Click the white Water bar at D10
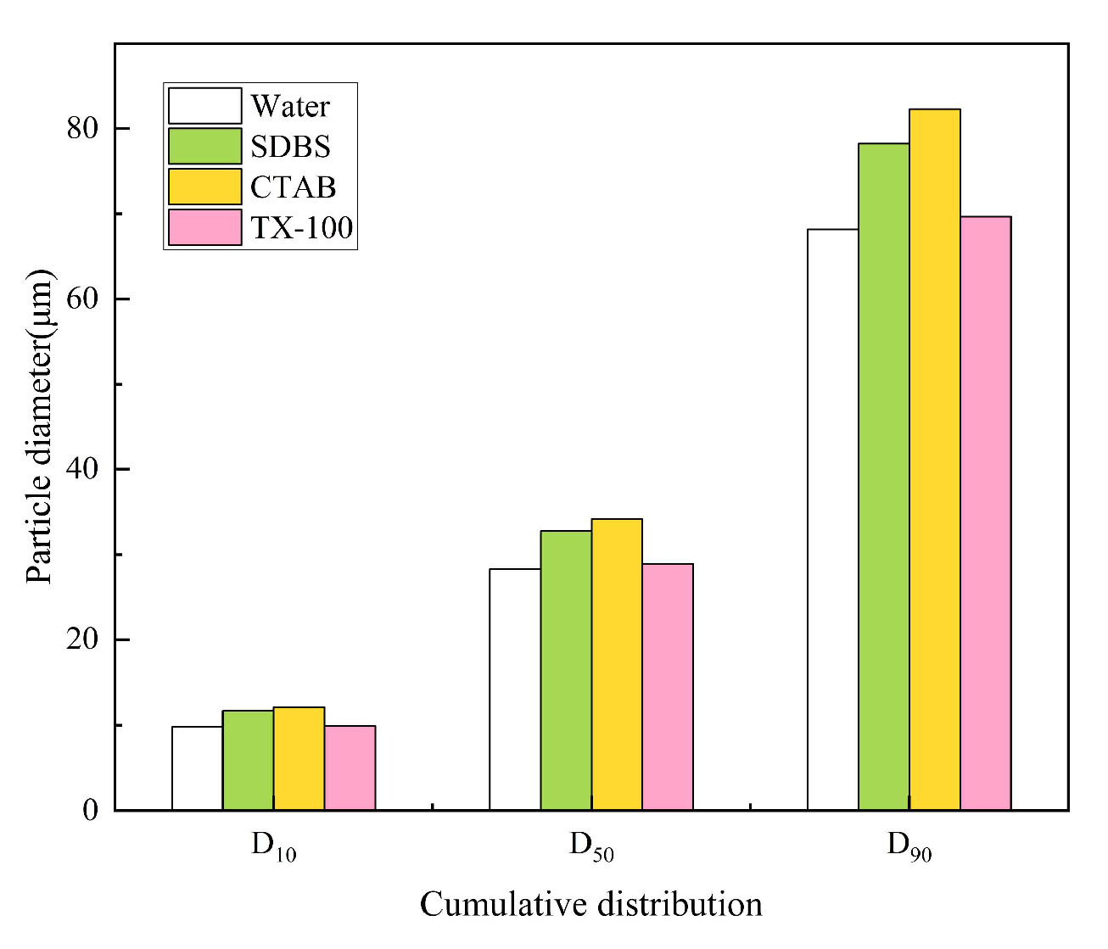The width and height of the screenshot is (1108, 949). (x=197, y=768)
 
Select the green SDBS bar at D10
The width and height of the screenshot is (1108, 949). (x=248, y=761)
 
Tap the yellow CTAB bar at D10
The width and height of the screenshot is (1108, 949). (x=299, y=759)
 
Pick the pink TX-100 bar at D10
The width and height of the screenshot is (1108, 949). (x=350, y=768)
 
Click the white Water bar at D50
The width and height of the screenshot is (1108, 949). (x=515, y=689)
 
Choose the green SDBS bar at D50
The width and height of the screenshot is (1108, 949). (x=566, y=671)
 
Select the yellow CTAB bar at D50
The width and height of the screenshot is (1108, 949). (x=617, y=665)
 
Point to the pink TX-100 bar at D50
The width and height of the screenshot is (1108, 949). (x=668, y=687)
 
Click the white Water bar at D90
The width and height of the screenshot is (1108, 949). (x=832, y=520)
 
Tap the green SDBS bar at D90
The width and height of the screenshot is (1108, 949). (x=883, y=477)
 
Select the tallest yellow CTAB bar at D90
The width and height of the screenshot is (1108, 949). (x=934, y=460)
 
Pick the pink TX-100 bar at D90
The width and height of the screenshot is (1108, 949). (x=985, y=513)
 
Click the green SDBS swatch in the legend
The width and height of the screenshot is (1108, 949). (x=204, y=146)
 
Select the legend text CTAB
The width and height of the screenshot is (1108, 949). (x=293, y=187)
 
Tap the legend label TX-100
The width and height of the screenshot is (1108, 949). (x=301, y=227)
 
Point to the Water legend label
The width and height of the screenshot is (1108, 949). (x=290, y=106)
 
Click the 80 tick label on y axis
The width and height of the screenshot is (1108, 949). (x=84, y=128)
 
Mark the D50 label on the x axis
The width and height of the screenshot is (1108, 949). (x=591, y=846)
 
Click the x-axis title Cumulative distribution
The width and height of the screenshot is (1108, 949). (x=590, y=905)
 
